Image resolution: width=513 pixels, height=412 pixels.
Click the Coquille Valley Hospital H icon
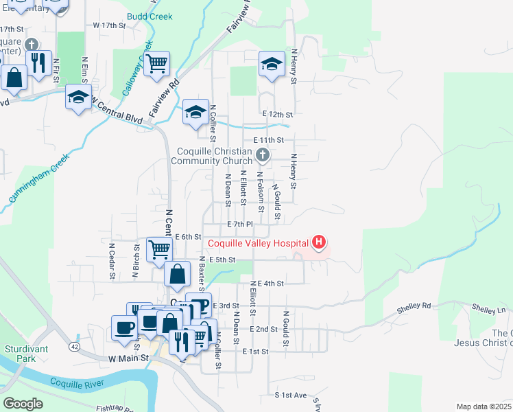pos(318,242)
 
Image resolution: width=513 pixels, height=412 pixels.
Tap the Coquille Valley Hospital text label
pos(258,242)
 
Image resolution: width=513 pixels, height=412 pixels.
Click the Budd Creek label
pos(150,16)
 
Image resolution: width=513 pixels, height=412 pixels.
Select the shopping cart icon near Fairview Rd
pos(157,64)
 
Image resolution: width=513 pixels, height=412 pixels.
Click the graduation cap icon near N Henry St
pos(272,64)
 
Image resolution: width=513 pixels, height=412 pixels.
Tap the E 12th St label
pos(277,114)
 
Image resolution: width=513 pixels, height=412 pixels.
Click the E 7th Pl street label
pos(240,225)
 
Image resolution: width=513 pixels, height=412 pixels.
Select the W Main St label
pos(128,358)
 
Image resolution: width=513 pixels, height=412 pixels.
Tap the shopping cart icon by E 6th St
pos(159,249)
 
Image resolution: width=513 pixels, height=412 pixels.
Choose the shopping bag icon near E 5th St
pos(177,273)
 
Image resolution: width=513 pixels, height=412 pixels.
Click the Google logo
pos(23,404)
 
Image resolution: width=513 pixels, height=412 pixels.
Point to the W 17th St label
pos(110,25)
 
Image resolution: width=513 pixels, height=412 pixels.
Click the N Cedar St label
pos(111,260)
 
